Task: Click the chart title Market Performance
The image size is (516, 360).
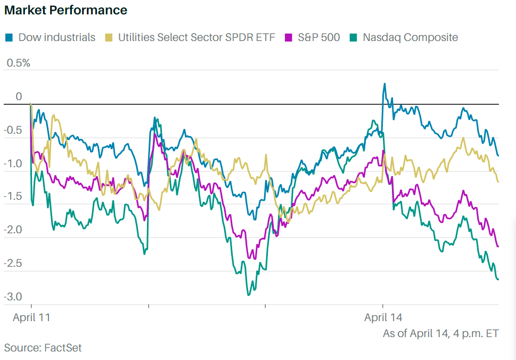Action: tap(65, 10)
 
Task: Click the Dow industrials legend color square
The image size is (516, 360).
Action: tap(9, 38)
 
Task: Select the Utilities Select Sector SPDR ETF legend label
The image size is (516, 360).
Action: tap(196, 38)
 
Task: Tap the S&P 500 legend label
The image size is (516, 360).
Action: tap(319, 38)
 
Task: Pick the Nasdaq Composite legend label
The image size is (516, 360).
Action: tap(410, 38)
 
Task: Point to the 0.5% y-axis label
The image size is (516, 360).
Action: tap(18, 63)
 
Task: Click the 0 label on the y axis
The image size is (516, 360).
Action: tap(19, 96)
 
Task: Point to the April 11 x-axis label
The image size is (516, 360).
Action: tap(31, 318)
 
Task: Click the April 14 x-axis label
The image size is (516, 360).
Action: tap(383, 318)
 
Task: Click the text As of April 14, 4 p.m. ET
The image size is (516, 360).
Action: tap(440, 334)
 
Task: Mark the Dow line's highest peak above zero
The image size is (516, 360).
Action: tap(384, 84)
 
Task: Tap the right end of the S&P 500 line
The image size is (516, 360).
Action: tap(498, 246)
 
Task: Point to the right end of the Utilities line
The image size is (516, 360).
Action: tap(498, 182)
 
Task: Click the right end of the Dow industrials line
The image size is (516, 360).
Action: tap(498, 156)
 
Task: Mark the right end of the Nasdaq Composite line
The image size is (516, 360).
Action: tap(498, 279)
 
